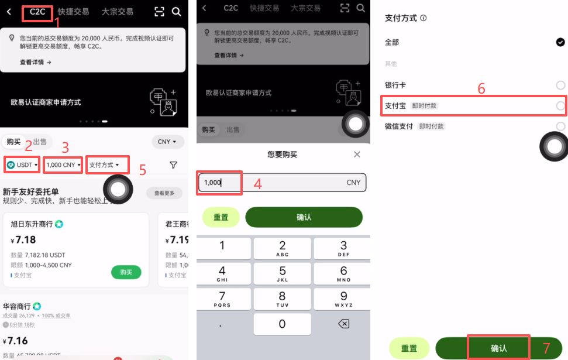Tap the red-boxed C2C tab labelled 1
[37, 12]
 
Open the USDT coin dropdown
[23, 165]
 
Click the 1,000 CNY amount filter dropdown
[63, 165]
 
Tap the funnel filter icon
[173, 166]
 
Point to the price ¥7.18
[23, 240]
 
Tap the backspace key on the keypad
[343, 324]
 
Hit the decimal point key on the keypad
[222, 324]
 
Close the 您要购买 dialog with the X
[357, 155]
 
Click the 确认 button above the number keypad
[304, 217]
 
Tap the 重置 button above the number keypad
[221, 217]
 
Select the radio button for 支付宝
[560, 106]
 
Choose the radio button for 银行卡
[560, 85]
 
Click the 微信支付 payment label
[399, 126]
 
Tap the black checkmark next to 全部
[560, 42]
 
